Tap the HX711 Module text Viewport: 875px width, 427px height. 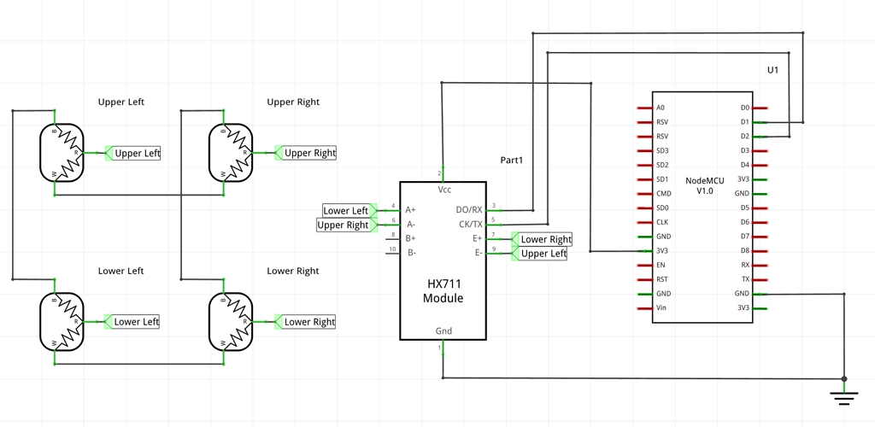(443, 291)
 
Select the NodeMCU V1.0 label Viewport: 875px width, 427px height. (704, 185)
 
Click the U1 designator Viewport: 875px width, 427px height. (772, 70)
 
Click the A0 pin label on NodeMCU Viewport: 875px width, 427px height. (661, 108)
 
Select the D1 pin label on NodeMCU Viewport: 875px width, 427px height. (745, 122)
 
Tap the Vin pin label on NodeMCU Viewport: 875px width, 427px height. (661, 307)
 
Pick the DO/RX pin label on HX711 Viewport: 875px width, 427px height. (469, 209)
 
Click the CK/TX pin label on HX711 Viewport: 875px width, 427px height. (469, 225)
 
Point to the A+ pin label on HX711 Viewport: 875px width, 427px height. (411, 209)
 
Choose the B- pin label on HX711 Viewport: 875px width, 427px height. (411, 252)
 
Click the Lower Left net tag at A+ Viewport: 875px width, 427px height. (346, 210)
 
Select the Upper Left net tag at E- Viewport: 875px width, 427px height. (543, 254)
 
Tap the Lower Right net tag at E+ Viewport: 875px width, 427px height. (546, 239)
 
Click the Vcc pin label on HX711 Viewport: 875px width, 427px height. (444, 189)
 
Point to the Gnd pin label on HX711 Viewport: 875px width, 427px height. (443, 331)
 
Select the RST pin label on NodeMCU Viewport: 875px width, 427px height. (661, 279)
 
